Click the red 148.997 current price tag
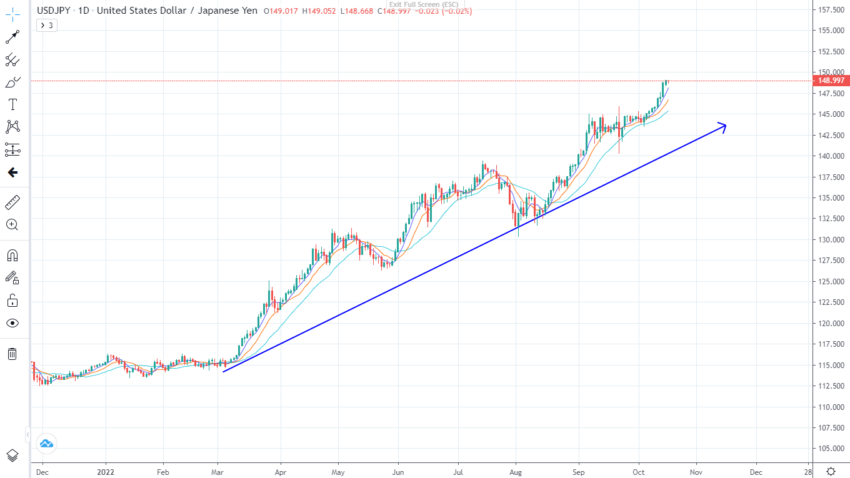pos(831,81)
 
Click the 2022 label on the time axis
pos(106,472)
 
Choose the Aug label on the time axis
pos(516,472)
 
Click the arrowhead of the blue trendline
pos(724,126)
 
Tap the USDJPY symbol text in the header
pos(54,11)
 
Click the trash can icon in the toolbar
pos(12,354)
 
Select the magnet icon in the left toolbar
pos(12,255)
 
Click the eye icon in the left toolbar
pos(12,323)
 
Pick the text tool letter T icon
pos(12,104)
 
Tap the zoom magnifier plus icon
pos(12,224)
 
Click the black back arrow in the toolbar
pos(12,173)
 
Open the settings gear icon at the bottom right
pos(831,471)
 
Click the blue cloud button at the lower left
pos(47,444)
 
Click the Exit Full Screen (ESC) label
pos(423,4)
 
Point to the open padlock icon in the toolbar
pos(12,301)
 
